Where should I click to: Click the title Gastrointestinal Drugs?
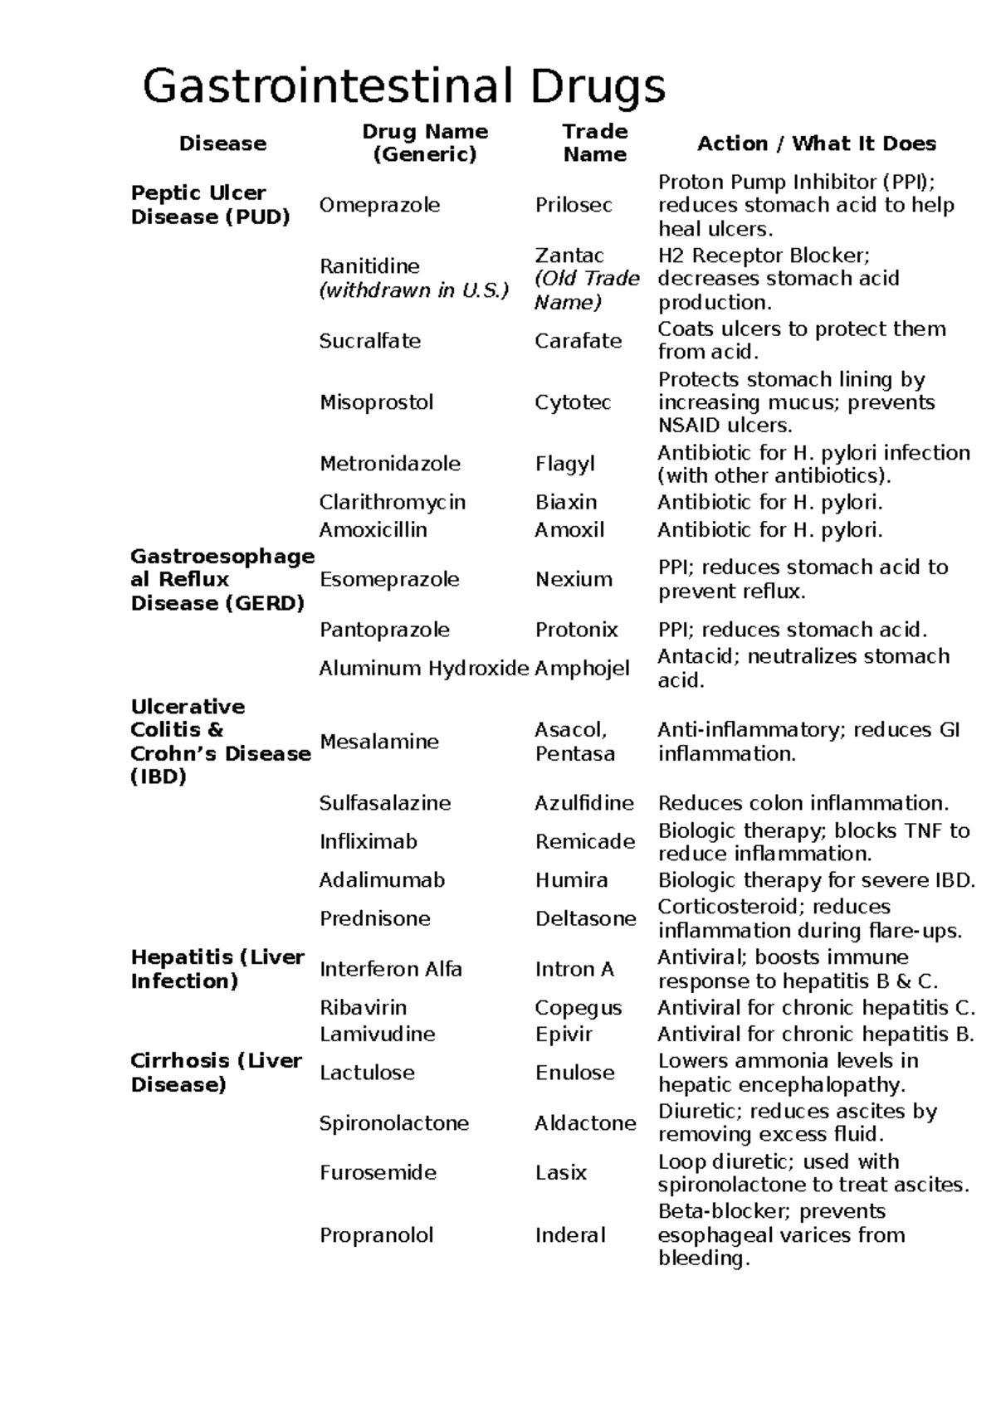pyautogui.click(x=403, y=85)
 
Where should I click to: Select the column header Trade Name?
pyautogui.click(x=594, y=143)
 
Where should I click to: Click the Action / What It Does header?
pyautogui.click(x=816, y=144)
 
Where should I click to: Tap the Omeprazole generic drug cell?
pyautogui.click(x=379, y=205)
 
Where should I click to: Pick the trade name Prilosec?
pyautogui.click(x=574, y=205)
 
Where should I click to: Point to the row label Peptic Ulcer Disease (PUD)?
pyautogui.click(x=210, y=205)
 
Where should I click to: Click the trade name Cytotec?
pyautogui.click(x=573, y=402)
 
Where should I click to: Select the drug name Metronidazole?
pyautogui.click(x=389, y=464)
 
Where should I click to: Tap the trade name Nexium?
pyautogui.click(x=574, y=579)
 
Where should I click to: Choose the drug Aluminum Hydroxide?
pyautogui.click(x=423, y=669)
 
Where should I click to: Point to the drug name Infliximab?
pyautogui.click(x=368, y=842)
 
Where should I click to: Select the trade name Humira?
pyautogui.click(x=571, y=880)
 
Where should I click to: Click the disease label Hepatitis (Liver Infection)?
pyautogui.click(x=217, y=969)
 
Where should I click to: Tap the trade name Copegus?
pyautogui.click(x=578, y=1008)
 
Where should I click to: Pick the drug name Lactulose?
pyautogui.click(x=367, y=1073)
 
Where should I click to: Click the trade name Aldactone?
pyautogui.click(x=585, y=1123)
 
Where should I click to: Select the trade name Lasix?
pyautogui.click(x=560, y=1173)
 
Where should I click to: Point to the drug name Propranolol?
pyautogui.click(x=376, y=1235)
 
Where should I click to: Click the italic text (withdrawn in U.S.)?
pyautogui.click(x=413, y=290)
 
